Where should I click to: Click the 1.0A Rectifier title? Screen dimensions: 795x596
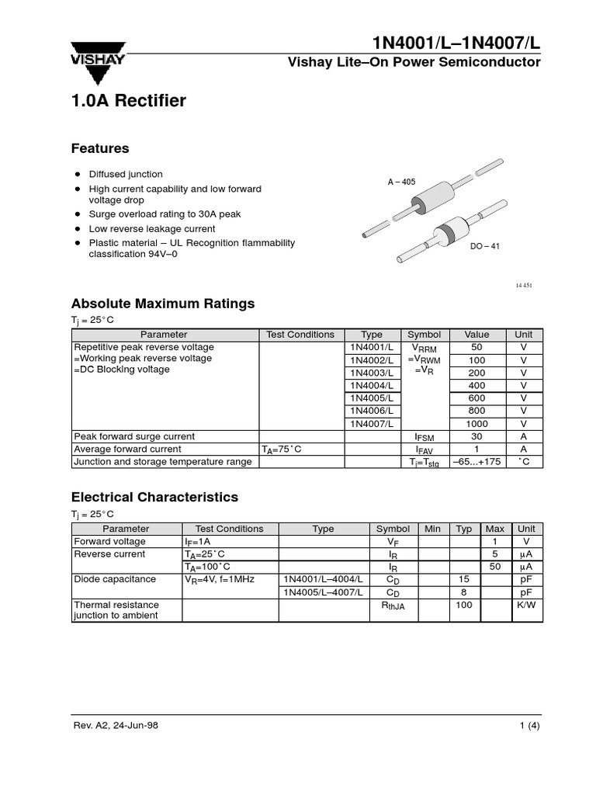click(x=129, y=101)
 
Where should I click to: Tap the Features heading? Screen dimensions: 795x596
click(x=100, y=148)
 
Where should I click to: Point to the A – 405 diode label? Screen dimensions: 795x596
click(x=401, y=182)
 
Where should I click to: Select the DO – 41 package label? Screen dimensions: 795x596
click(x=485, y=246)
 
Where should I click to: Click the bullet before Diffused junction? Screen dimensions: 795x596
click(x=78, y=174)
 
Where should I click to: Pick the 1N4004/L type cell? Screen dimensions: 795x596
click(x=372, y=385)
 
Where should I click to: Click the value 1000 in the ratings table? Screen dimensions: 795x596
click(x=476, y=424)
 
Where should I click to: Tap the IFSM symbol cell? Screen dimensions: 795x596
click(x=424, y=437)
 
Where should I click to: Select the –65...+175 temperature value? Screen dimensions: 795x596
click(x=476, y=462)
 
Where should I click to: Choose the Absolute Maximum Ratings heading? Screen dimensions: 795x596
click(x=163, y=304)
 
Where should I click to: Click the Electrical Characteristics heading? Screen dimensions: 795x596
click(x=154, y=497)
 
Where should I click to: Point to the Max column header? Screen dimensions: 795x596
click(x=494, y=529)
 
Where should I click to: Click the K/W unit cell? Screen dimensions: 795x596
click(x=526, y=604)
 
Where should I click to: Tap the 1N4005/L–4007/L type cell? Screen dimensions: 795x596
click(x=323, y=592)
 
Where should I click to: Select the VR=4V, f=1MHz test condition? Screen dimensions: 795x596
click(x=220, y=579)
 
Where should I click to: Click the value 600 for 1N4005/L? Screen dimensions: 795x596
click(x=476, y=398)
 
